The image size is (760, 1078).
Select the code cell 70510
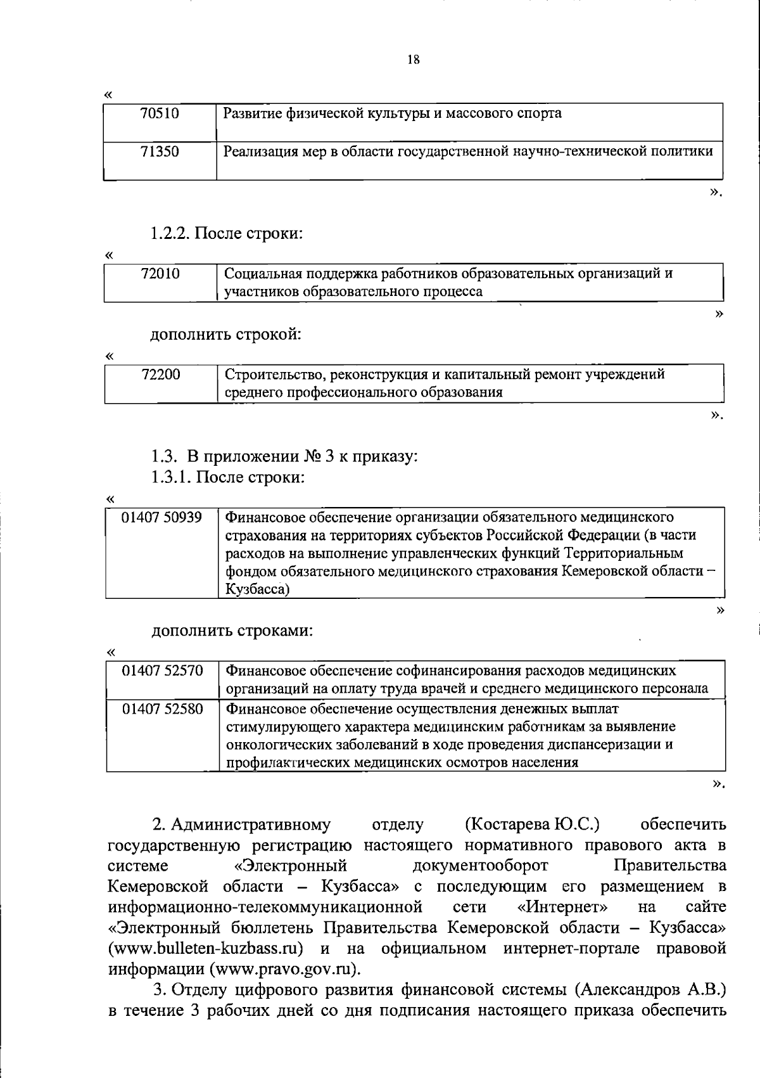pyautogui.click(x=160, y=114)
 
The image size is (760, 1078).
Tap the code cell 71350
pyautogui.click(x=160, y=151)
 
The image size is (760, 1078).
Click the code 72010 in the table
pyautogui.click(x=160, y=274)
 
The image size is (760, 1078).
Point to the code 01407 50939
pyautogui.click(x=162, y=518)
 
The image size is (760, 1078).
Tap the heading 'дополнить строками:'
pyautogui.click(x=232, y=631)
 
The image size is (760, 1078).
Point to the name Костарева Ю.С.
pyautogui.click(x=533, y=825)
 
